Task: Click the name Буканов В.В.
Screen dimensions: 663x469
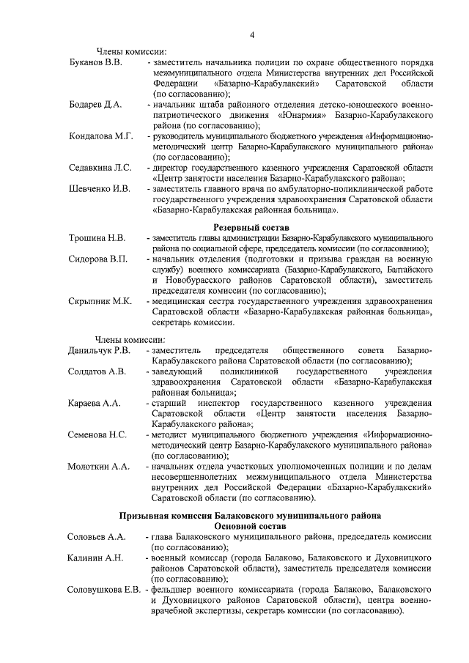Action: click(95, 63)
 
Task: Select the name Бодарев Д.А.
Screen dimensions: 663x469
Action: click(95, 105)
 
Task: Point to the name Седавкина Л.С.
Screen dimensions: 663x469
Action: click(100, 168)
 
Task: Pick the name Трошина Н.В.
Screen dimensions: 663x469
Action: click(97, 239)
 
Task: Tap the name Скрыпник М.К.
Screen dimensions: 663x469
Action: click(100, 301)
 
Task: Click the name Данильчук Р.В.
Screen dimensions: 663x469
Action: click(100, 350)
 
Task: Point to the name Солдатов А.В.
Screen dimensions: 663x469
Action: click(97, 371)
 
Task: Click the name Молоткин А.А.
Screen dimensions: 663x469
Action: click(98, 466)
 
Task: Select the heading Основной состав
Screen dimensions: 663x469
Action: click(251, 526)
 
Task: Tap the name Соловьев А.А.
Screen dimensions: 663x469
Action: click(97, 537)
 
